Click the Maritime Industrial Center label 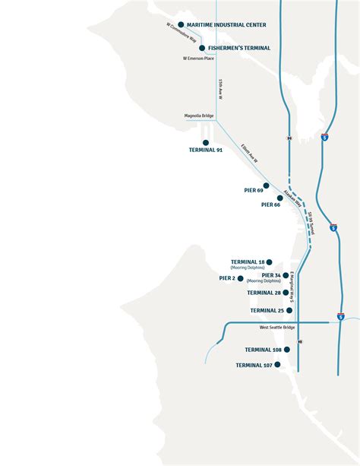pos(226,25)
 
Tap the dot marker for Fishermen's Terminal pos(201,48)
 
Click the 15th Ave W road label pos(219,90)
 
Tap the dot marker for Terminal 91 pos(206,142)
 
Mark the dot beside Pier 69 pos(267,185)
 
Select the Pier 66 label pos(271,204)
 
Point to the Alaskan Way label pos(293,198)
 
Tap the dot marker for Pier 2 pos(240,278)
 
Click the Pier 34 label pos(271,275)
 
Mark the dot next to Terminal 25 pos(289,310)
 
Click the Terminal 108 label pos(263,350)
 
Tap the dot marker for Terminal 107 pos(277,365)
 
